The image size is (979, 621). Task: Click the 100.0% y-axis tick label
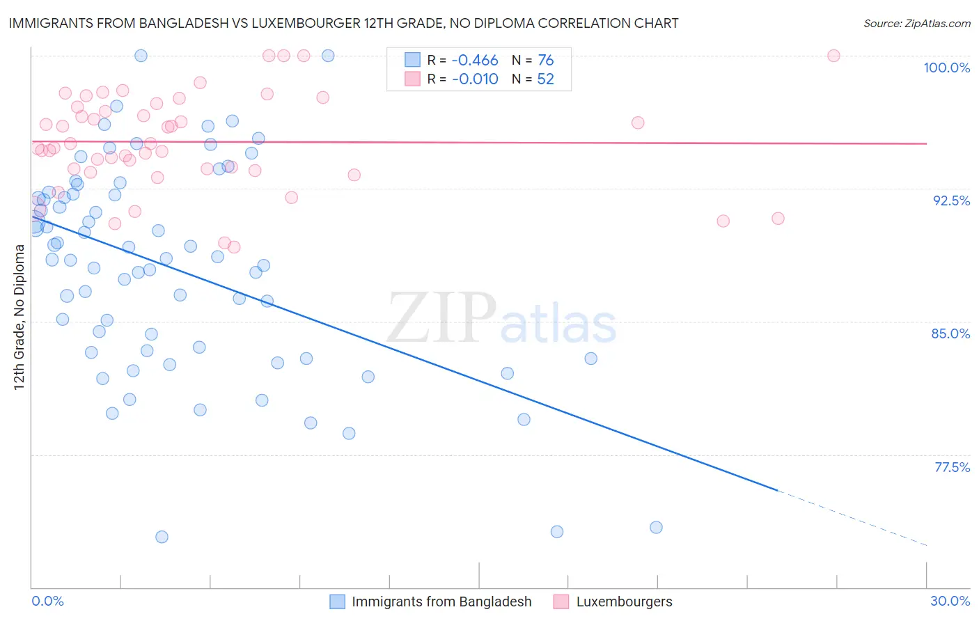coord(946,68)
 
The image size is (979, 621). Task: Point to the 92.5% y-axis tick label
coord(951,201)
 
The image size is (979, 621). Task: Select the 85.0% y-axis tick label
coord(950,333)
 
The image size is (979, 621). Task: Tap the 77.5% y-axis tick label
coord(952,467)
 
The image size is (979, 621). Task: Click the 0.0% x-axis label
coord(47,601)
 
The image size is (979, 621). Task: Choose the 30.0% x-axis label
coord(950,601)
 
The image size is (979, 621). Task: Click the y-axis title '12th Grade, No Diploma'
coord(19,317)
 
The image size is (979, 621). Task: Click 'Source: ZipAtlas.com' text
coord(916,23)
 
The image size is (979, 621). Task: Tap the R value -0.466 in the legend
coord(475,61)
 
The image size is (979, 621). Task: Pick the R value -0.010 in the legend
coord(475,79)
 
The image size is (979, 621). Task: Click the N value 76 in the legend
coord(545,61)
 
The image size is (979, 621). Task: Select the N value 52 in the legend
coord(545,79)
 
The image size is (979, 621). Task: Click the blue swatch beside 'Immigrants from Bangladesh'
coord(337,602)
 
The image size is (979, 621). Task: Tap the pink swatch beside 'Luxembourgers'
coord(561,602)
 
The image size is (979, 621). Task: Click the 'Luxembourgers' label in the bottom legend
coord(624,602)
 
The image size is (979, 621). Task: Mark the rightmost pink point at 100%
coord(833,56)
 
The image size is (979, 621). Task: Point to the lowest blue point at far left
coord(162,537)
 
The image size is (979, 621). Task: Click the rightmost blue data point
coord(656,527)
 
